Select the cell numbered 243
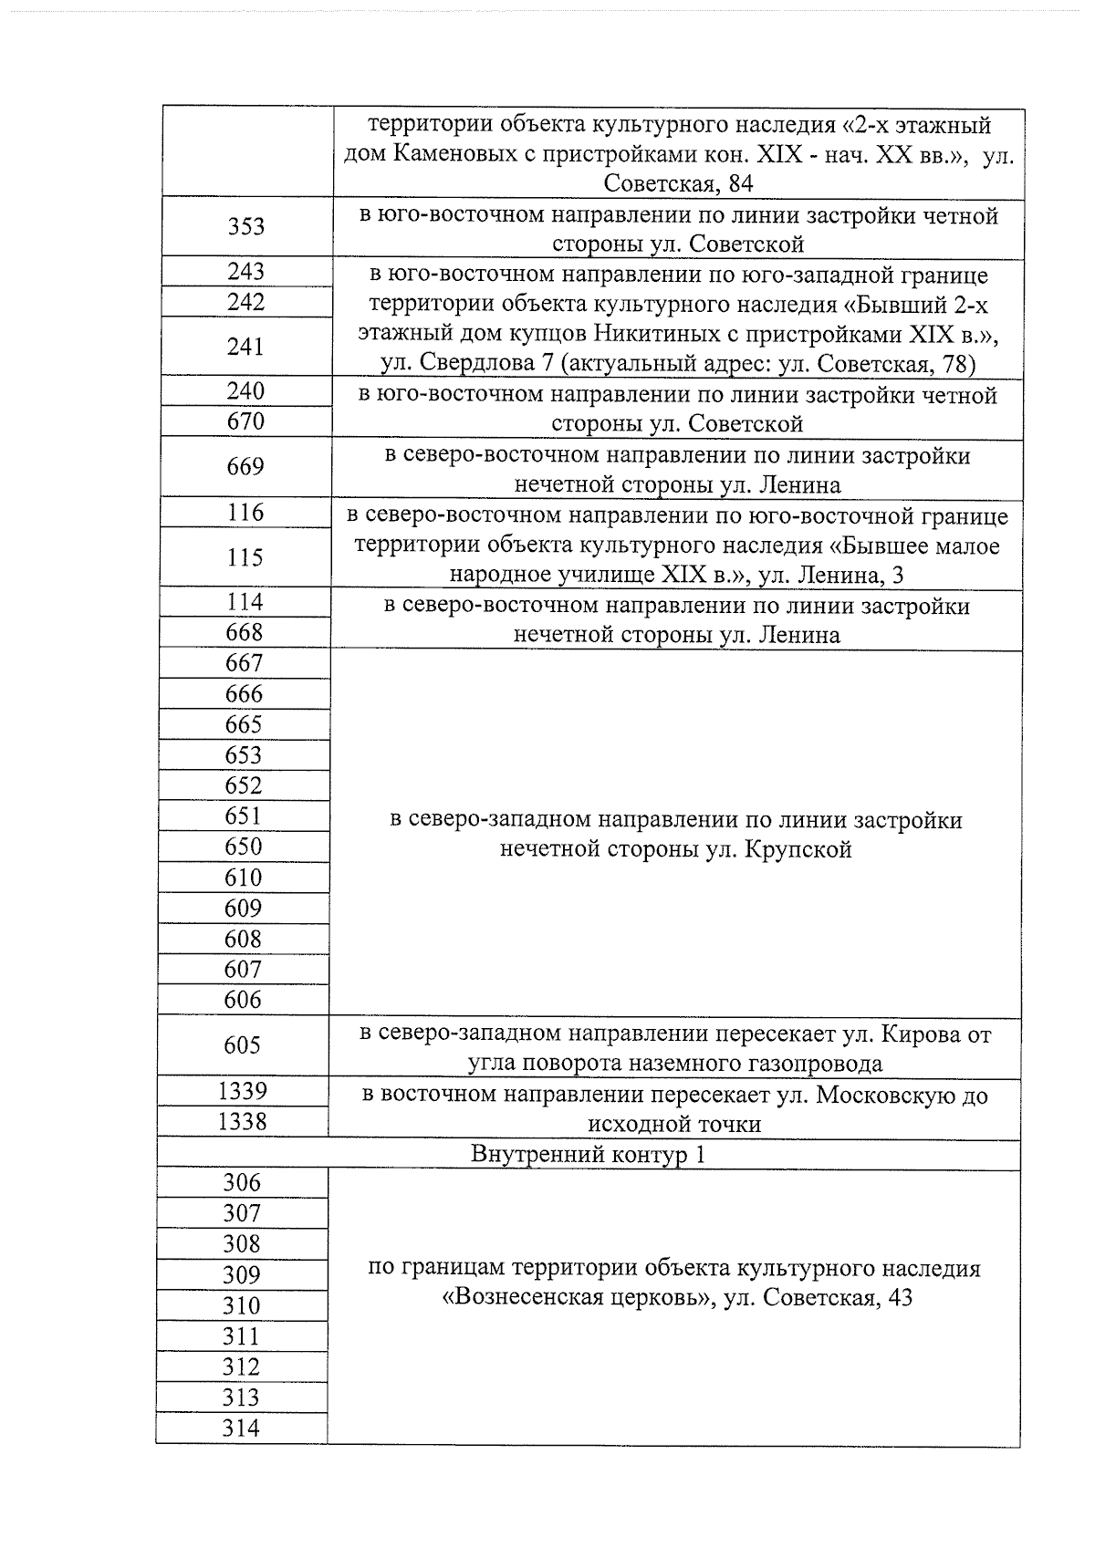(245, 272)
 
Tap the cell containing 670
(245, 421)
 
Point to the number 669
(245, 467)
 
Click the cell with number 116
(245, 513)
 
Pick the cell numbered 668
(244, 632)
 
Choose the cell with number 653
(244, 755)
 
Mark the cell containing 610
(243, 878)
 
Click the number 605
(242, 1045)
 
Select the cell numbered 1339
(242, 1091)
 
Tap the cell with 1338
(242, 1122)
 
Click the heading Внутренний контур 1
(588, 1155)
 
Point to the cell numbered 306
(242, 1184)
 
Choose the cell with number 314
(241, 1429)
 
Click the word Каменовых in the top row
(454, 154)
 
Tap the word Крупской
(798, 850)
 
